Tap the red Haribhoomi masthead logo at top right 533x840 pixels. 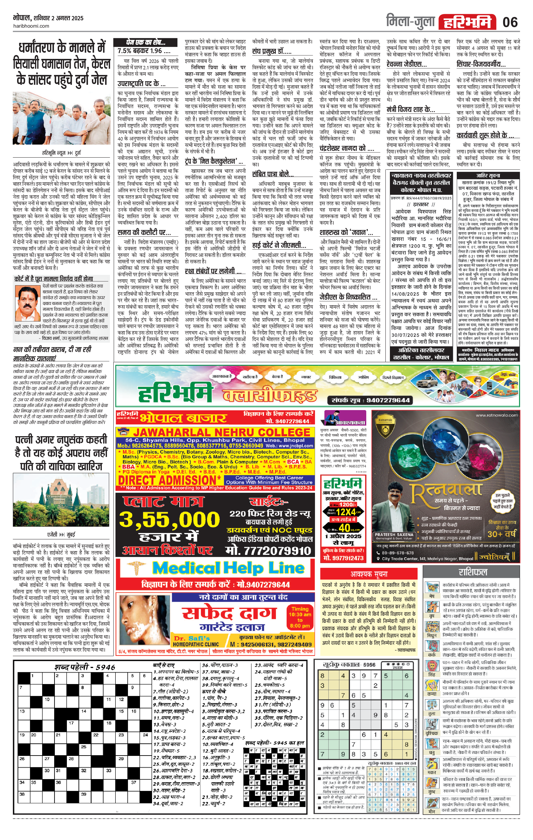467,22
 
